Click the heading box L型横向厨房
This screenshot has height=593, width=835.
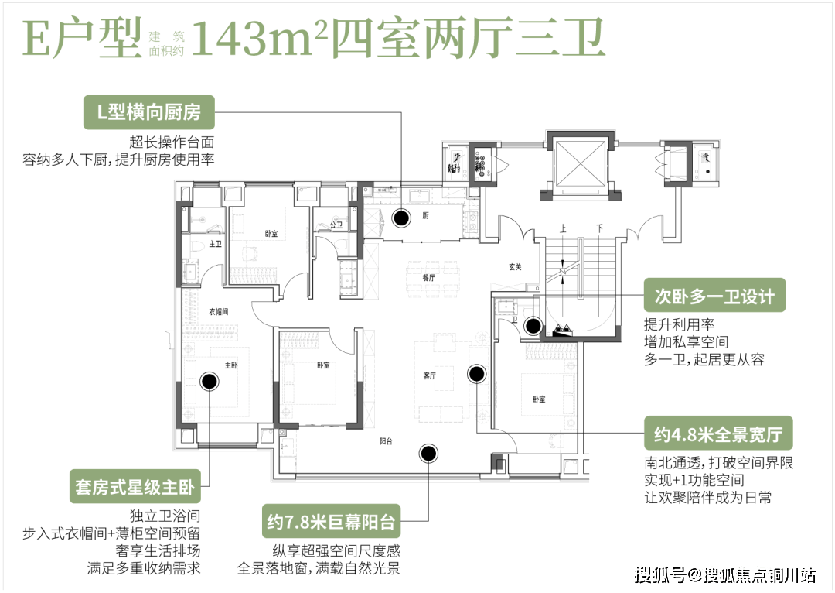pos(149,112)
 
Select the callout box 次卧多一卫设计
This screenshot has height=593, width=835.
pos(709,297)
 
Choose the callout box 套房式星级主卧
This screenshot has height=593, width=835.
pos(135,488)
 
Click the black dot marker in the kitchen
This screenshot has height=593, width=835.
pos(400,218)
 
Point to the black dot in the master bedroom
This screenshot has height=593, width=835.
pos(209,381)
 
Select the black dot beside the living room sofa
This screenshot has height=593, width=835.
pos(476,374)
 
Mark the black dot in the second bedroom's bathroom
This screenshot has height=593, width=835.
pos(532,326)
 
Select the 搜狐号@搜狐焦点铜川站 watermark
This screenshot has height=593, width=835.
pos(723,574)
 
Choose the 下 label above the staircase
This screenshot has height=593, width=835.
pos(599,229)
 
